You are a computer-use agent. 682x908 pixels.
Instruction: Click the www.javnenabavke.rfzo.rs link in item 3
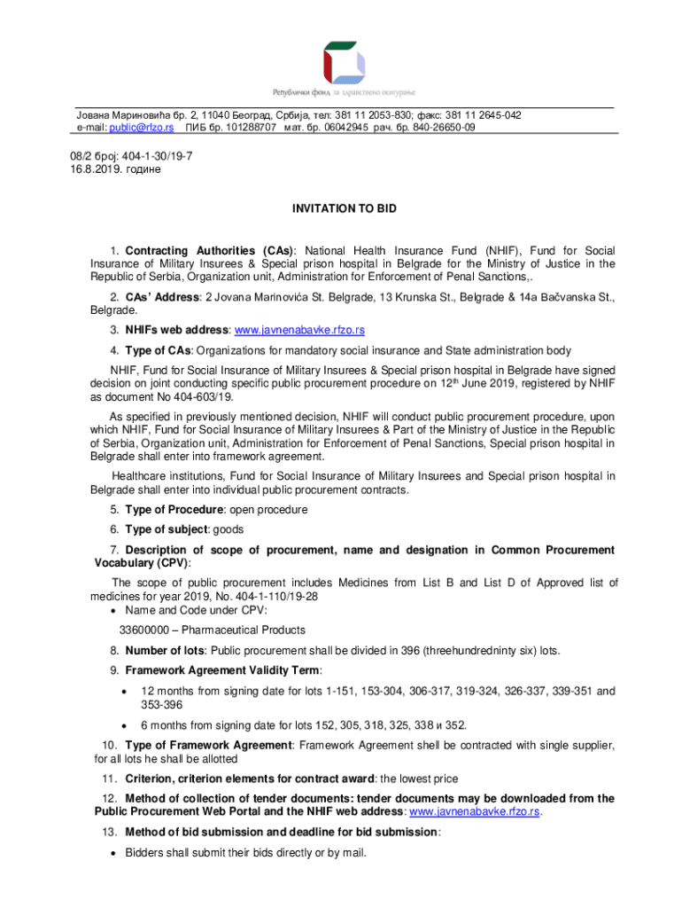tap(298, 331)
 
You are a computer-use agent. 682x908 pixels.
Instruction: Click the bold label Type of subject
tap(171, 529)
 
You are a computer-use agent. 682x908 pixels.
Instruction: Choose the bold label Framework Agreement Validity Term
tap(223, 669)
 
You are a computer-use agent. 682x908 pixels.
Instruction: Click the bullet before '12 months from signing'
tap(123, 691)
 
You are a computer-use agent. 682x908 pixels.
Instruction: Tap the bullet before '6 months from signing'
tap(123, 724)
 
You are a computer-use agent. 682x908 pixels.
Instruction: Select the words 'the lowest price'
tap(420, 779)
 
